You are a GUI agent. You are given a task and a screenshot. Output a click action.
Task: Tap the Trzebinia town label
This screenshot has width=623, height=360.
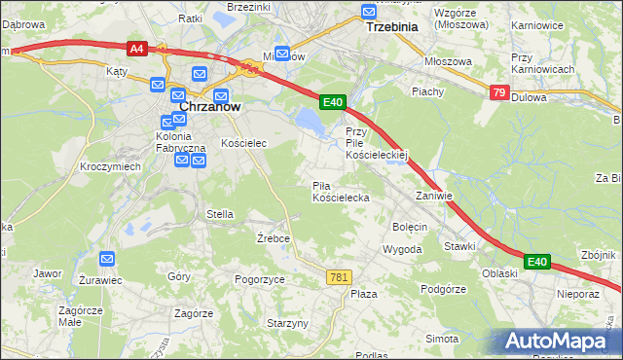[390, 27]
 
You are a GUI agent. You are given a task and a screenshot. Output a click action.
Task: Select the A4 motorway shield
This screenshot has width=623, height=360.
[137, 47]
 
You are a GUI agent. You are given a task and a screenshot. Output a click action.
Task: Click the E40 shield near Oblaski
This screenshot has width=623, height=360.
[537, 262]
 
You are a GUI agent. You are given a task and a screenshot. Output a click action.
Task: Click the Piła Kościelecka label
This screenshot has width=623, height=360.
[340, 192]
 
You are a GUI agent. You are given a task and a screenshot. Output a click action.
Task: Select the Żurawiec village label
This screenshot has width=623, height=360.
[100, 279]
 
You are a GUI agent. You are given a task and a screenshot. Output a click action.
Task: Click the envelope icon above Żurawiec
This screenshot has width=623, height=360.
[107, 259]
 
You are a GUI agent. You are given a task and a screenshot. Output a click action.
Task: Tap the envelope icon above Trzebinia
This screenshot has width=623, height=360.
[369, 12]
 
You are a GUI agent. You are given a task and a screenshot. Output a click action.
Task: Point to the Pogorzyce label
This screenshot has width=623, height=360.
[260, 279]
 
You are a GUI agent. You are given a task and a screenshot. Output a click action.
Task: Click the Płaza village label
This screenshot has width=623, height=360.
[364, 293]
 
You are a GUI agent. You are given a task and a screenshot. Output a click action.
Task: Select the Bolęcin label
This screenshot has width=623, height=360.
[410, 227]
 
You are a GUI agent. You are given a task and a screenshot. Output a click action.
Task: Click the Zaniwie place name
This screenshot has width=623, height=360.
[434, 196]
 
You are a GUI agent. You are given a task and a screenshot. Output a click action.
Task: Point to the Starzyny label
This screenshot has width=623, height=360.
[287, 323]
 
